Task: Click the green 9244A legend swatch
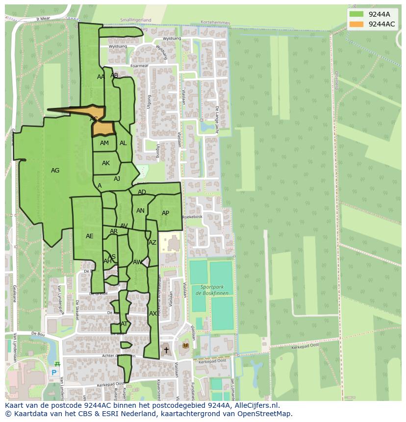(356, 14)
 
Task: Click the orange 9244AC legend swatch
(356, 24)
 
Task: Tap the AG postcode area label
(55, 171)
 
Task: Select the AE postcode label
(89, 236)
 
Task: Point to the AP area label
(165, 213)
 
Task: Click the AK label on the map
(106, 163)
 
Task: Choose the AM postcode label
(104, 143)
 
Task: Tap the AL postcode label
(123, 143)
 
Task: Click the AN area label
(140, 211)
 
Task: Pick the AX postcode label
(153, 314)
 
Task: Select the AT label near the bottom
(124, 324)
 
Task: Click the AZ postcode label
(152, 243)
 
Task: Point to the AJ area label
(117, 179)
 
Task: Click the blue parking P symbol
(54, 372)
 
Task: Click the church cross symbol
(166, 350)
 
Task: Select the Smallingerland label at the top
(136, 20)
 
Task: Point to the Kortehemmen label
(215, 23)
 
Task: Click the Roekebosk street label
(192, 217)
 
